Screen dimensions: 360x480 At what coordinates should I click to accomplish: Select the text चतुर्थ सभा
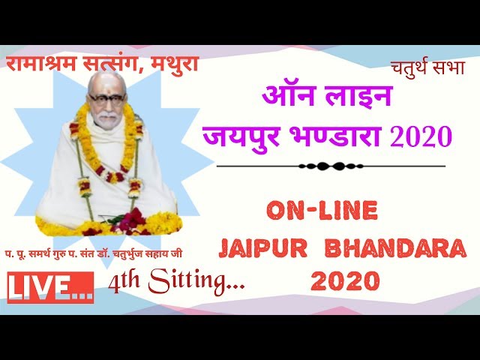pos(427,67)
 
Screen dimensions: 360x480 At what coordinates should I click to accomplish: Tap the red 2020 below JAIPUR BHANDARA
pos(344,281)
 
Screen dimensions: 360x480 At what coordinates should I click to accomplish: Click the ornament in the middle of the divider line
pos(322,166)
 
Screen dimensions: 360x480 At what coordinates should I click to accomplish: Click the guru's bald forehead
pos(106,84)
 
